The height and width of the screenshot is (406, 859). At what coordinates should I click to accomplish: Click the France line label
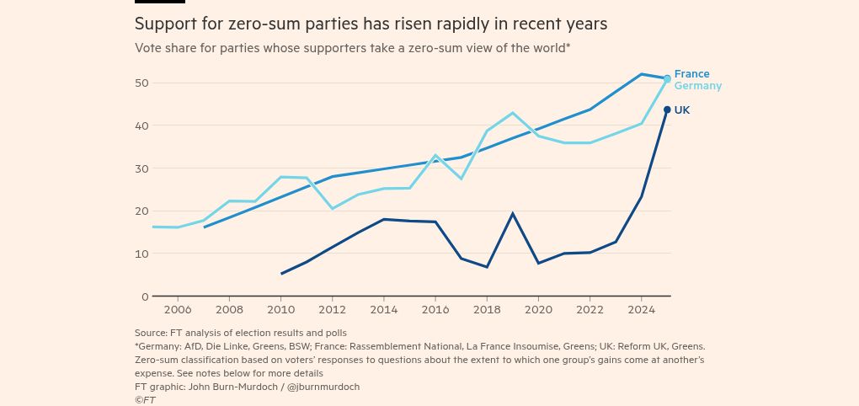(691, 74)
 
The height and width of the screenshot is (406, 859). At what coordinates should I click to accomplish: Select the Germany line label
(697, 86)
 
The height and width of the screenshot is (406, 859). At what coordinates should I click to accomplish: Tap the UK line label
(682, 110)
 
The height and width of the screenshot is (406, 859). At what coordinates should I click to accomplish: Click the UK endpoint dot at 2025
(667, 110)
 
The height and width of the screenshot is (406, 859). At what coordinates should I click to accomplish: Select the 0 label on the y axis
(144, 296)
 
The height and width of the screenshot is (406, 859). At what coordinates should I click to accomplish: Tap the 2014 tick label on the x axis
(384, 310)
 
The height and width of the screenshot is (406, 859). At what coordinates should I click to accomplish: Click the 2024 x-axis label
(642, 310)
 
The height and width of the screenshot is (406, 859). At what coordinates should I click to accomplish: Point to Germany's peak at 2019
(513, 113)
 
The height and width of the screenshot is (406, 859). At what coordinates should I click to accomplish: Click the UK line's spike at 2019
(513, 214)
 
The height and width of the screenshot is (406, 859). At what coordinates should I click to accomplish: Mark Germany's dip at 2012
(333, 208)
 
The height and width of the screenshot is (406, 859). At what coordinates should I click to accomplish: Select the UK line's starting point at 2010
(282, 273)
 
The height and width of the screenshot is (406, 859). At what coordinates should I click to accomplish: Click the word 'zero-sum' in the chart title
(267, 24)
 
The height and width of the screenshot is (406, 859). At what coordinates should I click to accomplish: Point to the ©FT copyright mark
(145, 400)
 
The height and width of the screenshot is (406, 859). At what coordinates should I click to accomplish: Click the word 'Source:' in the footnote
(152, 333)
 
